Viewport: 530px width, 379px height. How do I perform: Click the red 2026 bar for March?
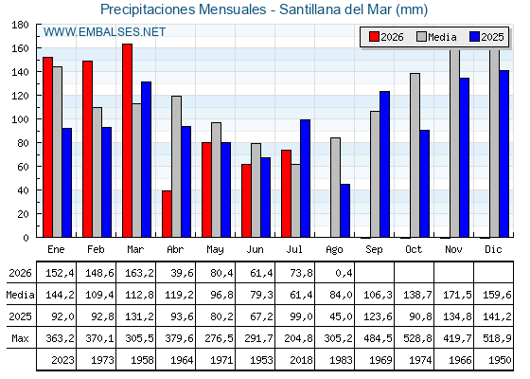tap(127, 140)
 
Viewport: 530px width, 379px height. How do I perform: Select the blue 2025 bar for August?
tap(345, 210)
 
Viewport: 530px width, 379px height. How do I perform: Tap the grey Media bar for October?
tap(415, 155)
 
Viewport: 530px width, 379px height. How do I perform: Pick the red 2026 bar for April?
tap(167, 214)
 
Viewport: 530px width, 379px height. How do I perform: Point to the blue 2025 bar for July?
tap(305, 178)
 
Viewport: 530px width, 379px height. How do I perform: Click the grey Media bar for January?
tap(57, 152)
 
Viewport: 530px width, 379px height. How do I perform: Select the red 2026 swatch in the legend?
tap(374, 37)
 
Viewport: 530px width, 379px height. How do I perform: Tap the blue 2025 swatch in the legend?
tap(474, 37)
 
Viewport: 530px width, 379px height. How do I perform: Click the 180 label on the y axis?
tap(20, 25)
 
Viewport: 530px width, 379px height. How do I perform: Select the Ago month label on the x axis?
tap(334, 250)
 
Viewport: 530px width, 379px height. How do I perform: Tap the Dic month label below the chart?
tap(493, 249)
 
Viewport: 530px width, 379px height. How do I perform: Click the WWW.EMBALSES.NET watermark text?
tap(104, 32)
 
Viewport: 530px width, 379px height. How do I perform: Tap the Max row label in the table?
tap(20, 338)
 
